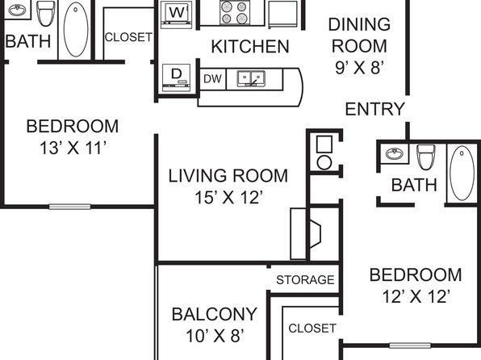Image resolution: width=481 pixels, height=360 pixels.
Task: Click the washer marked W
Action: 177,15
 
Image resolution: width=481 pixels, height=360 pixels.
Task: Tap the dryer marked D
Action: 177,77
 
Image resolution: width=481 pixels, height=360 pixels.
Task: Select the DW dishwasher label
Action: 212,79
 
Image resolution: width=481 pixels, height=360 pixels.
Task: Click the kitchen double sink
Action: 251,78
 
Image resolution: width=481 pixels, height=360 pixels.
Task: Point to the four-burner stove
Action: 234,13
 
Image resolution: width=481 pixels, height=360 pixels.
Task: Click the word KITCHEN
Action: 250,47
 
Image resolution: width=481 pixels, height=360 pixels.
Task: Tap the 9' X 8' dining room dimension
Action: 359,68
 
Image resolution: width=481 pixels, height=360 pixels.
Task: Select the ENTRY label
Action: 374,109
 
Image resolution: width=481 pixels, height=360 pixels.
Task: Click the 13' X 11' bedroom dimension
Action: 73,148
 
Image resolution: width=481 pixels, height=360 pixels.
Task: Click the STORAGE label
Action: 305,280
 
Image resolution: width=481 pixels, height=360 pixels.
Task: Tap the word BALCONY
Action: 214,314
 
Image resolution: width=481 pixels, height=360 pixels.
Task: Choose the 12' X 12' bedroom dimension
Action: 416,296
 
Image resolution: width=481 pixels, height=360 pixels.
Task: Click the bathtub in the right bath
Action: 462,174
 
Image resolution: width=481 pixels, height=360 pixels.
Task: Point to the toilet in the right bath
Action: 426,157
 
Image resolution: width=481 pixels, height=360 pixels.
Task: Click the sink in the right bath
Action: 394,153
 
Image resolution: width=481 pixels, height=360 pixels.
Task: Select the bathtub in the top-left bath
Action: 76,29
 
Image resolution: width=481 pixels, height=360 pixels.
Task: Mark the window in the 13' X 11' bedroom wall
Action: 69,207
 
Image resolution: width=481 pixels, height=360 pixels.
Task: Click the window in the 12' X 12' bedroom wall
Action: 410,345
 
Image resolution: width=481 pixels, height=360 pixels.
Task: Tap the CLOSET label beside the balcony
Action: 312,329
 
